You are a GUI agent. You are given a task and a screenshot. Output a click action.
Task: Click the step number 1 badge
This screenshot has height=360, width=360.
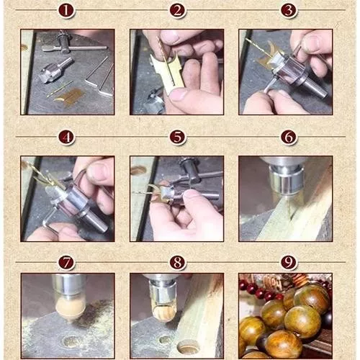click(x=66, y=10)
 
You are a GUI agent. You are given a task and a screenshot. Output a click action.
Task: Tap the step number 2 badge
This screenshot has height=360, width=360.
click(x=177, y=10)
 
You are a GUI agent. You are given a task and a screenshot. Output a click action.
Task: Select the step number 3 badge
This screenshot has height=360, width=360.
click(x=288, y=10)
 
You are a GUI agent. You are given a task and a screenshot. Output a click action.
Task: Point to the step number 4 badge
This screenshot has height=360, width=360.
click(x=66, y=138)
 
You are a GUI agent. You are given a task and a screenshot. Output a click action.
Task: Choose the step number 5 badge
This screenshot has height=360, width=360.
click(x=177, y=138)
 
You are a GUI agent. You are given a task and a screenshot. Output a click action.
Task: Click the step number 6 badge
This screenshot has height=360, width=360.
click(x=288, y=138)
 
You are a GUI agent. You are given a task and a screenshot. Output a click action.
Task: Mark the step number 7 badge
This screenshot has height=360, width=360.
click(x=66, y=262)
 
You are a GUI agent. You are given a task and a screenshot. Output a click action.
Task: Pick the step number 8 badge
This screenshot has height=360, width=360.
click(x=177, y=262)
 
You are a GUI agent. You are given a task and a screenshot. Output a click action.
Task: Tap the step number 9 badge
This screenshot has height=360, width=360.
click(x=288, y=262)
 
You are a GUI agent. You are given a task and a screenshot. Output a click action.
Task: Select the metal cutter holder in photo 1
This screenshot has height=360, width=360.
click(x=55, y=70)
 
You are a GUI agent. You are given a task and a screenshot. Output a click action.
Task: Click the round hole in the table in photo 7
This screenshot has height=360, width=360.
click(x=71, y=341)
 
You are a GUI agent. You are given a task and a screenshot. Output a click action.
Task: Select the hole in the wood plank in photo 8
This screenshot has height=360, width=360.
click(x=189, y=347)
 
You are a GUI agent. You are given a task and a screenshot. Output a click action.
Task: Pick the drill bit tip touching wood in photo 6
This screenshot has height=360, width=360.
click(x=290, y=216)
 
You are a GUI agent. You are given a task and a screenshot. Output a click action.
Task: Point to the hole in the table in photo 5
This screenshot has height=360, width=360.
click(x=138, y=171)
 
